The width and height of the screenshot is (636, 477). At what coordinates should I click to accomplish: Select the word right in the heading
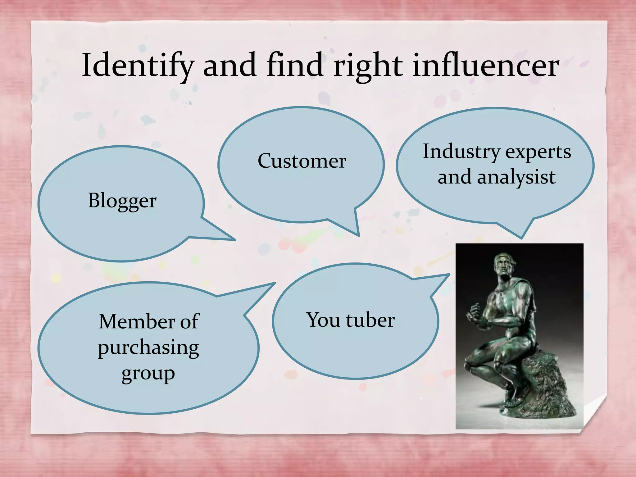click(368, 66)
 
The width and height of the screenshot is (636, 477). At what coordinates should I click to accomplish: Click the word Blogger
click(122, 201)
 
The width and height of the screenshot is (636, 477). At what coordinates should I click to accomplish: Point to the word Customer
click(302, 161)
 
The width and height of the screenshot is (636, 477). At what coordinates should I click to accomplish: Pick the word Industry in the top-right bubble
click(461, 152)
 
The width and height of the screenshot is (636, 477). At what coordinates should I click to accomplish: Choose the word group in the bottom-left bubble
click(148, 373)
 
